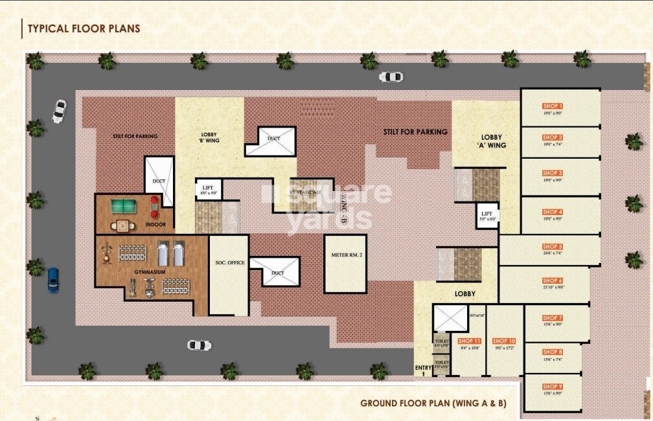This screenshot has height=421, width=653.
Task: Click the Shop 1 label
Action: [553, 106]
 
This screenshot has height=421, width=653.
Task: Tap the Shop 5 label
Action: [553, 247]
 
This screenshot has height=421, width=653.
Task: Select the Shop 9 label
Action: [553, 387]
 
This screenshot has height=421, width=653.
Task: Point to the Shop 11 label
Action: [469, 341]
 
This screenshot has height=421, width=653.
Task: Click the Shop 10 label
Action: [503, 341]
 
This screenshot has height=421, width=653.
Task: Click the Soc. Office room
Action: [228, 275]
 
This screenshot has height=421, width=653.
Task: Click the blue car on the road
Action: [53, 279]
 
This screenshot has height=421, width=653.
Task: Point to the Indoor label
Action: [155, 225]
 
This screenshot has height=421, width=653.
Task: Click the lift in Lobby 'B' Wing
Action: [208, 190]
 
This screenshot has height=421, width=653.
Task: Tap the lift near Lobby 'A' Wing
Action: [487, 215]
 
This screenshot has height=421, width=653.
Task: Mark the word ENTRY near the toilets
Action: [423, 369]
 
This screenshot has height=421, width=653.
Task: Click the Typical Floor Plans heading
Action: [82, 28]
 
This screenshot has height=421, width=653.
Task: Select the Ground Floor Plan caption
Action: [433, 404]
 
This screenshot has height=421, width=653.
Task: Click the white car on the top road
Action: [391, 77]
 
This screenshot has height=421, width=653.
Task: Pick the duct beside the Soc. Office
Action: [275, 273]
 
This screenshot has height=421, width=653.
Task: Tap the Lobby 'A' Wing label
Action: [493, 141]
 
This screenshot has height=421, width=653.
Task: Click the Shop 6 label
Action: [553, 281]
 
